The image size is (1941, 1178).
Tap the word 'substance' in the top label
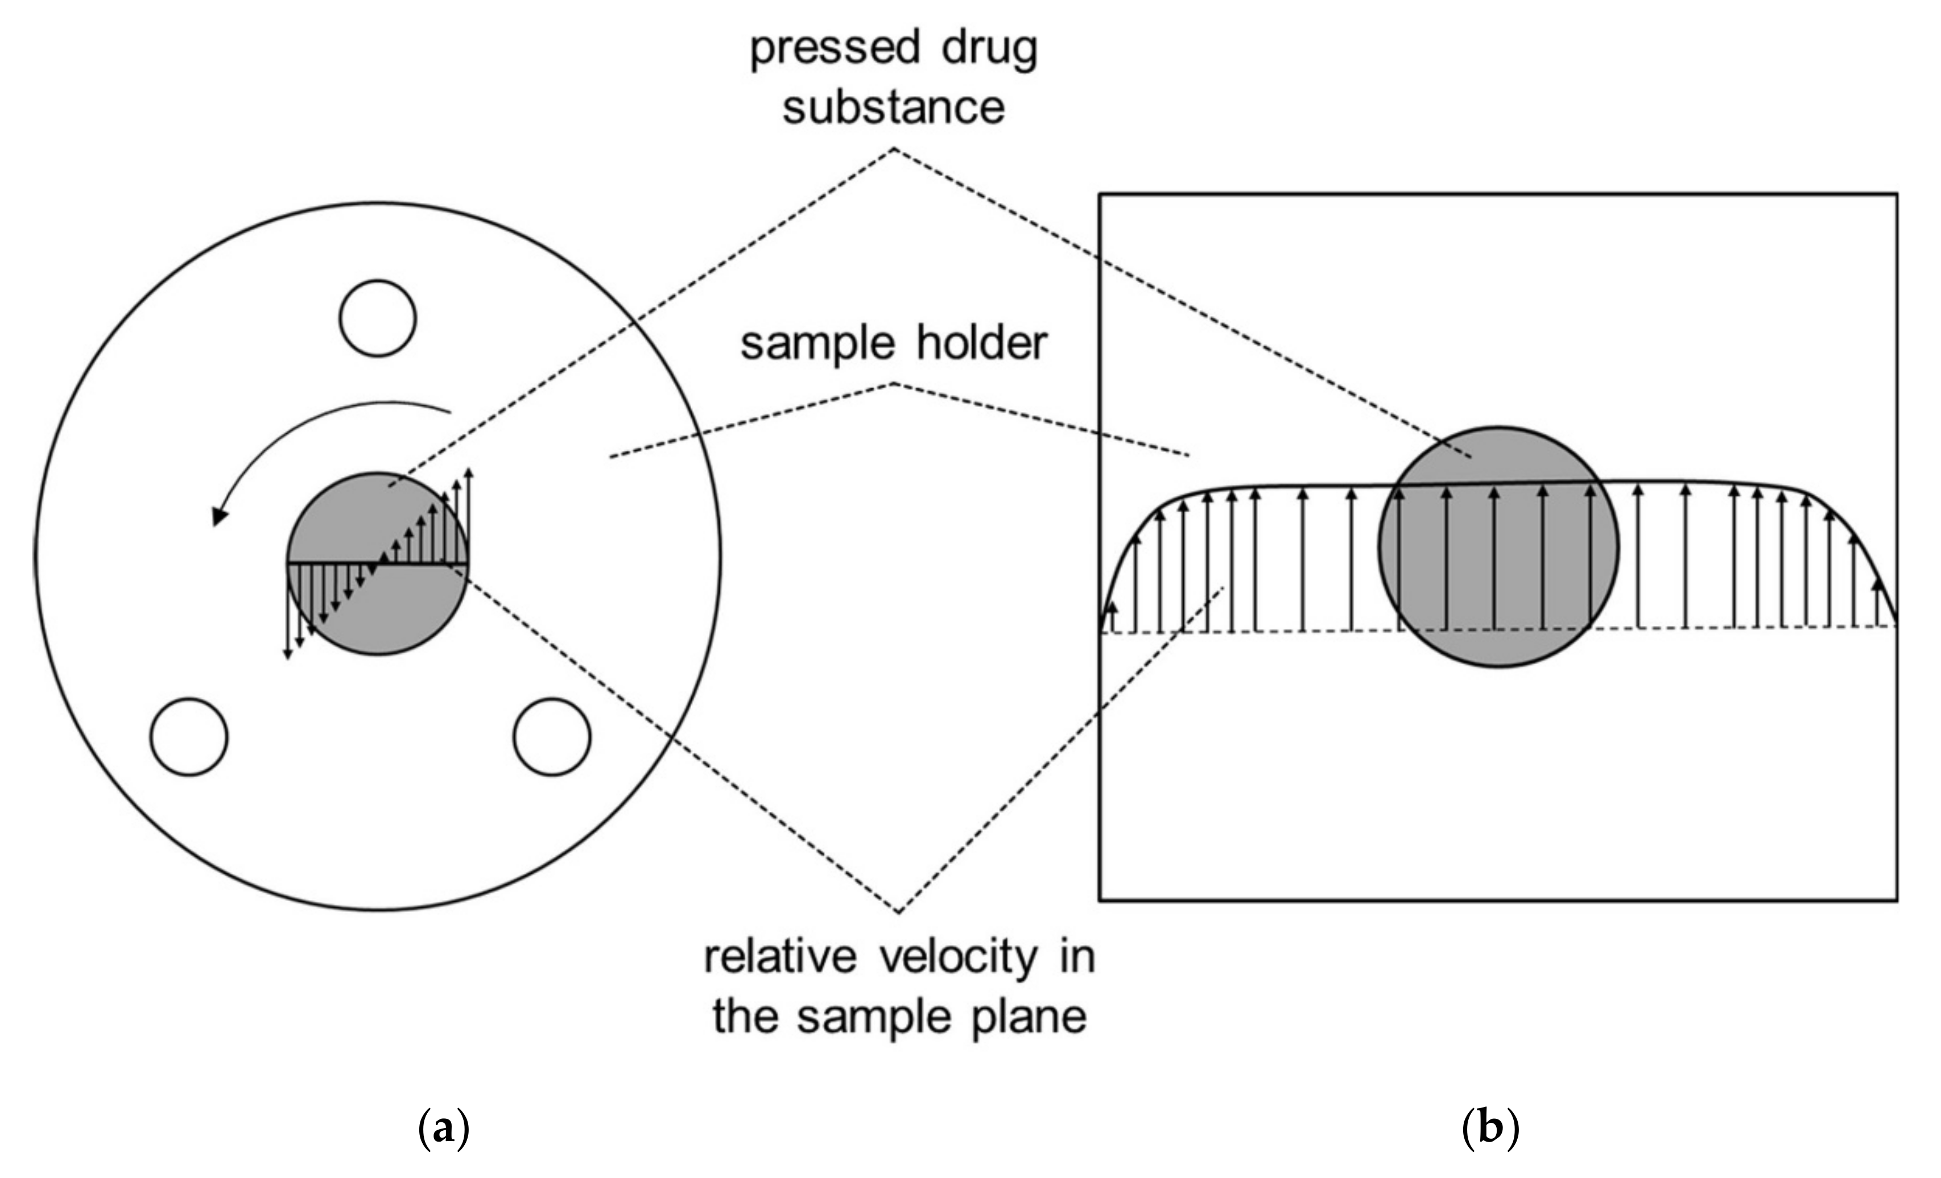tap(894, 108)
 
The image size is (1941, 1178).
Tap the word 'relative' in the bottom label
tap(780, 957)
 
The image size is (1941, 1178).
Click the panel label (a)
tap(443, 1129)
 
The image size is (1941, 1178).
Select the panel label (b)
tap(1490, 1129)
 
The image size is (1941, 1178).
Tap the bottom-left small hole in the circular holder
tap(189, 736)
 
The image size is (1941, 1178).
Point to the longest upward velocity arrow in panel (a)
tap(469, 516)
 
